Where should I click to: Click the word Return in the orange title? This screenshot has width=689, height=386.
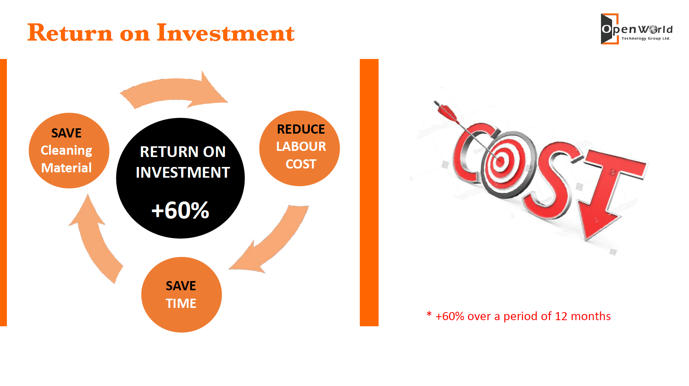click(70, 33)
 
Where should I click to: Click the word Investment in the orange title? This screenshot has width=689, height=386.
click(226, 33)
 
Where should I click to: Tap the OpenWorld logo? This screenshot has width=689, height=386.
click(637, 29)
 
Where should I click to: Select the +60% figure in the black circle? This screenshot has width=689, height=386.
click(180, 210)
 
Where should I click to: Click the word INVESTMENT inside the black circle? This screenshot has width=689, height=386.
click(183, 172)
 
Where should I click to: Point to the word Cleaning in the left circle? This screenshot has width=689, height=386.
click(66, 150)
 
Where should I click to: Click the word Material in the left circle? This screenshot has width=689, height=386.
click(66, 168)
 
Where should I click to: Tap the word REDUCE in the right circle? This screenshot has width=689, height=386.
click(301, 129)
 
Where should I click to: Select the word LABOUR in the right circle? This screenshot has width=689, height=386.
click(301, 146)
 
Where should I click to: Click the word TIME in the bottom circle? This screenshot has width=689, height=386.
click(181, 303)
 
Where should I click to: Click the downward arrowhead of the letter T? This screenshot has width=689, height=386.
click(597, 226)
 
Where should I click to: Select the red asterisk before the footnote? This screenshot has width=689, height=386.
click(429, 314)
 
